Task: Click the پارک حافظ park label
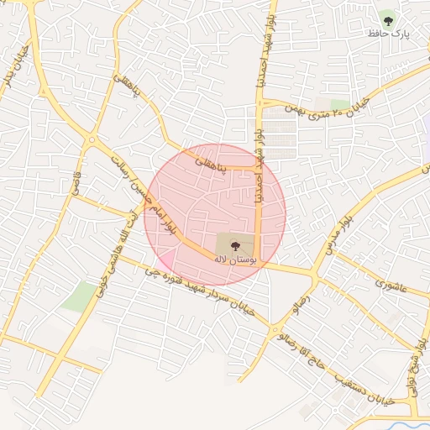(x=387, y=34)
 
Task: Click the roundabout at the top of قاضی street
(x=90, y=140)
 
